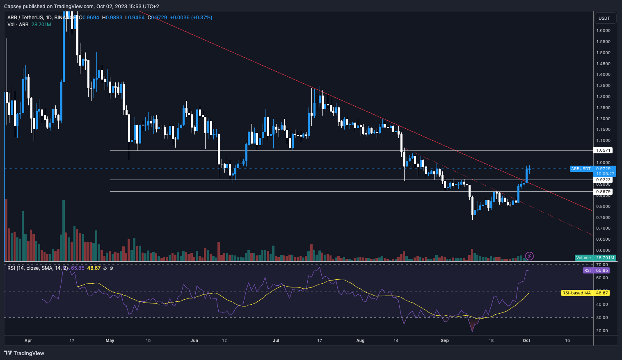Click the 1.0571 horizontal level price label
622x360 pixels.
[604, 150]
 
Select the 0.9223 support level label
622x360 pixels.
[604, 180]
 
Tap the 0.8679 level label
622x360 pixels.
[604, 192]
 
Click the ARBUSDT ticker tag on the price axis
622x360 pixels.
[581, 169]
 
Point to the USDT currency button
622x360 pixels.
[604, 18]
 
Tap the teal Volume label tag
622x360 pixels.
[583, 258]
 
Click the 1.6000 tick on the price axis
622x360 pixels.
[603, 31]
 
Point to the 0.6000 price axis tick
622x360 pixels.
[603, 251]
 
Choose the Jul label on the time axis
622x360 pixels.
[276, 341]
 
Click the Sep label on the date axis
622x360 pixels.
[445, 341]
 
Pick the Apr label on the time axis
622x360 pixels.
[28, 341]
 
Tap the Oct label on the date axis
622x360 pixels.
[526, 341]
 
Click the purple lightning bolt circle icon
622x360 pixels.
[529, 256]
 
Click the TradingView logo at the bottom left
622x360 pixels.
[24, 353]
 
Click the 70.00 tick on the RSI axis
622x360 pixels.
[602, 265]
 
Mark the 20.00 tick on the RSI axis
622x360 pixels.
[602, 331]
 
